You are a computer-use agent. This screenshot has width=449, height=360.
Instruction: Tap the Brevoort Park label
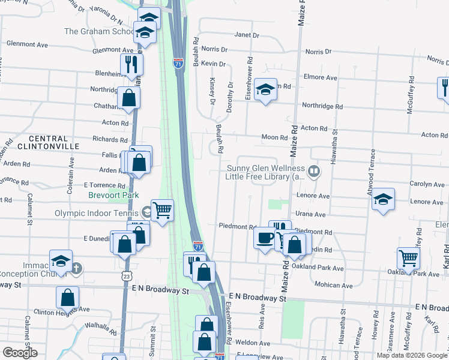pos(113,195)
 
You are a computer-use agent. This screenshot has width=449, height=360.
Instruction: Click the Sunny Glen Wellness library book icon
pos(314,172)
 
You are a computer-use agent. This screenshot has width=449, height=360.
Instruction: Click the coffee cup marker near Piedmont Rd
pos(264,238)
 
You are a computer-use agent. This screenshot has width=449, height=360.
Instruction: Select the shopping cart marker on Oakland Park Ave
pos(408,259)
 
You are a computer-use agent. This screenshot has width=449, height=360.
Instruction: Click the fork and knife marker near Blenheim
pos(130,65)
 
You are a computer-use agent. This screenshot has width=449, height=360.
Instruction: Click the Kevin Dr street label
pos(213,64)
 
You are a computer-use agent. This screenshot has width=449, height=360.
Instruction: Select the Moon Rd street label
pos(274,137)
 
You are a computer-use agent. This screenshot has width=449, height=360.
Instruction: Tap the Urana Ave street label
pos(310,214)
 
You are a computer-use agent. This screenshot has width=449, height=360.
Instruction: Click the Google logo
pos(20,353)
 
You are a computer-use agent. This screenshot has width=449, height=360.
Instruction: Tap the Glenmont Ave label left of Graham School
pos(27,44)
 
